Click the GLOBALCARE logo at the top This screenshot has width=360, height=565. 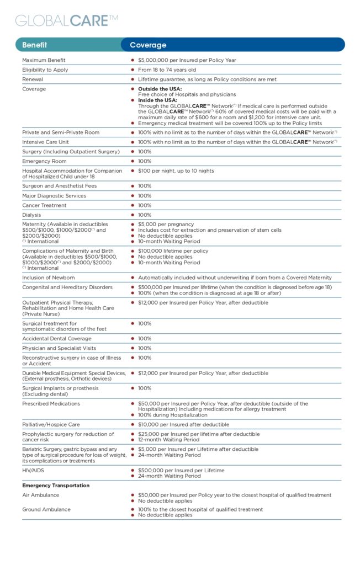click(67, 20)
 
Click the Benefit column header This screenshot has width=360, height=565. click(34, 45)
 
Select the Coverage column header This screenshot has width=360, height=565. click(148, 45)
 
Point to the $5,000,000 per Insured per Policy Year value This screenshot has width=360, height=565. click(187, 60)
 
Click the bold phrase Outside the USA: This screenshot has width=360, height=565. click(160, 89)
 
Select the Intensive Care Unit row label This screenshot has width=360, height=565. click(45, 142)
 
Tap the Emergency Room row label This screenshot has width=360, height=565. click(44, 161)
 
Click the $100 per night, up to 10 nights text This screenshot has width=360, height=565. click(176, 171)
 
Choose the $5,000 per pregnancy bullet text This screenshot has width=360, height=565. click(166, 225)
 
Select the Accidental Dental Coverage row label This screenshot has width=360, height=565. click(57, 338)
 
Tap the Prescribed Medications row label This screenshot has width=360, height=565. click(51, 403)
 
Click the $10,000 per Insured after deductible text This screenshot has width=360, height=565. click(183, 424)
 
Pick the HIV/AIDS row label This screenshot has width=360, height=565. click(33, 470)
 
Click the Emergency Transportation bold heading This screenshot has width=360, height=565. click(56, 486)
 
